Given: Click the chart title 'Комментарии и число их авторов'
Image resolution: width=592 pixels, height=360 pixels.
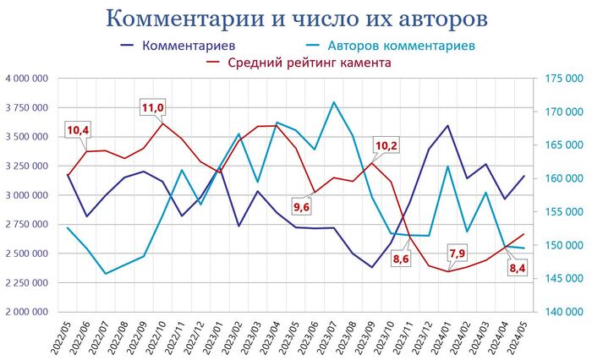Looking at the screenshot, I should (x=296, y=18).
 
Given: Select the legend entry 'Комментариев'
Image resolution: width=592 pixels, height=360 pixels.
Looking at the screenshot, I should (x=189, y=45).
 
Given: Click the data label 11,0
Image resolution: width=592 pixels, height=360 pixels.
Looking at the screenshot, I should (x=153, y=107).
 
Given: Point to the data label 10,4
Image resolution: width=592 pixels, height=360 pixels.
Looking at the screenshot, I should (x=78, y=130).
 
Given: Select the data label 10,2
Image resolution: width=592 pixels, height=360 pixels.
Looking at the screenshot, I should (x=386, y=145).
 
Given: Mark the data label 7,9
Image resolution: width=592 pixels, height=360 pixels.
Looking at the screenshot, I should (x=457, y=253).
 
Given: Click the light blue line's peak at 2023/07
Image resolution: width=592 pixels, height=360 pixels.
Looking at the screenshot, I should (x=334, y=102).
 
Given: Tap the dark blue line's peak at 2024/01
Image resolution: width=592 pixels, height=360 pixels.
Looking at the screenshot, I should (x=447, y=126).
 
